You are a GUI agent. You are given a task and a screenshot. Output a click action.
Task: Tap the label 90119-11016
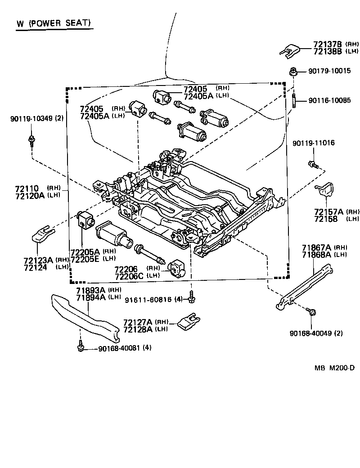[x=313, y=143]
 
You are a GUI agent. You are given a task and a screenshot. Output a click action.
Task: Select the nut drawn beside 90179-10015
[x=292, y=71]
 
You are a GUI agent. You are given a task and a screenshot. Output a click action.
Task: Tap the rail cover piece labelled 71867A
[x=306, y=288]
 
